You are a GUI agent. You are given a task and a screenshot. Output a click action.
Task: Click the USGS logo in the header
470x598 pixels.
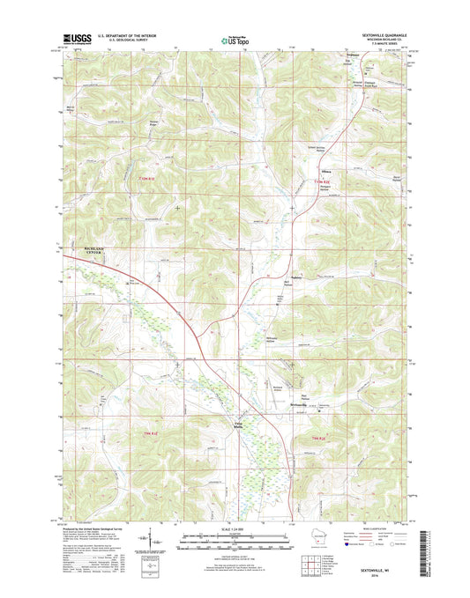point(76,38)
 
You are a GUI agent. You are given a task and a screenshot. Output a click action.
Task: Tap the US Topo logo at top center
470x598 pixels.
point(232,39)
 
